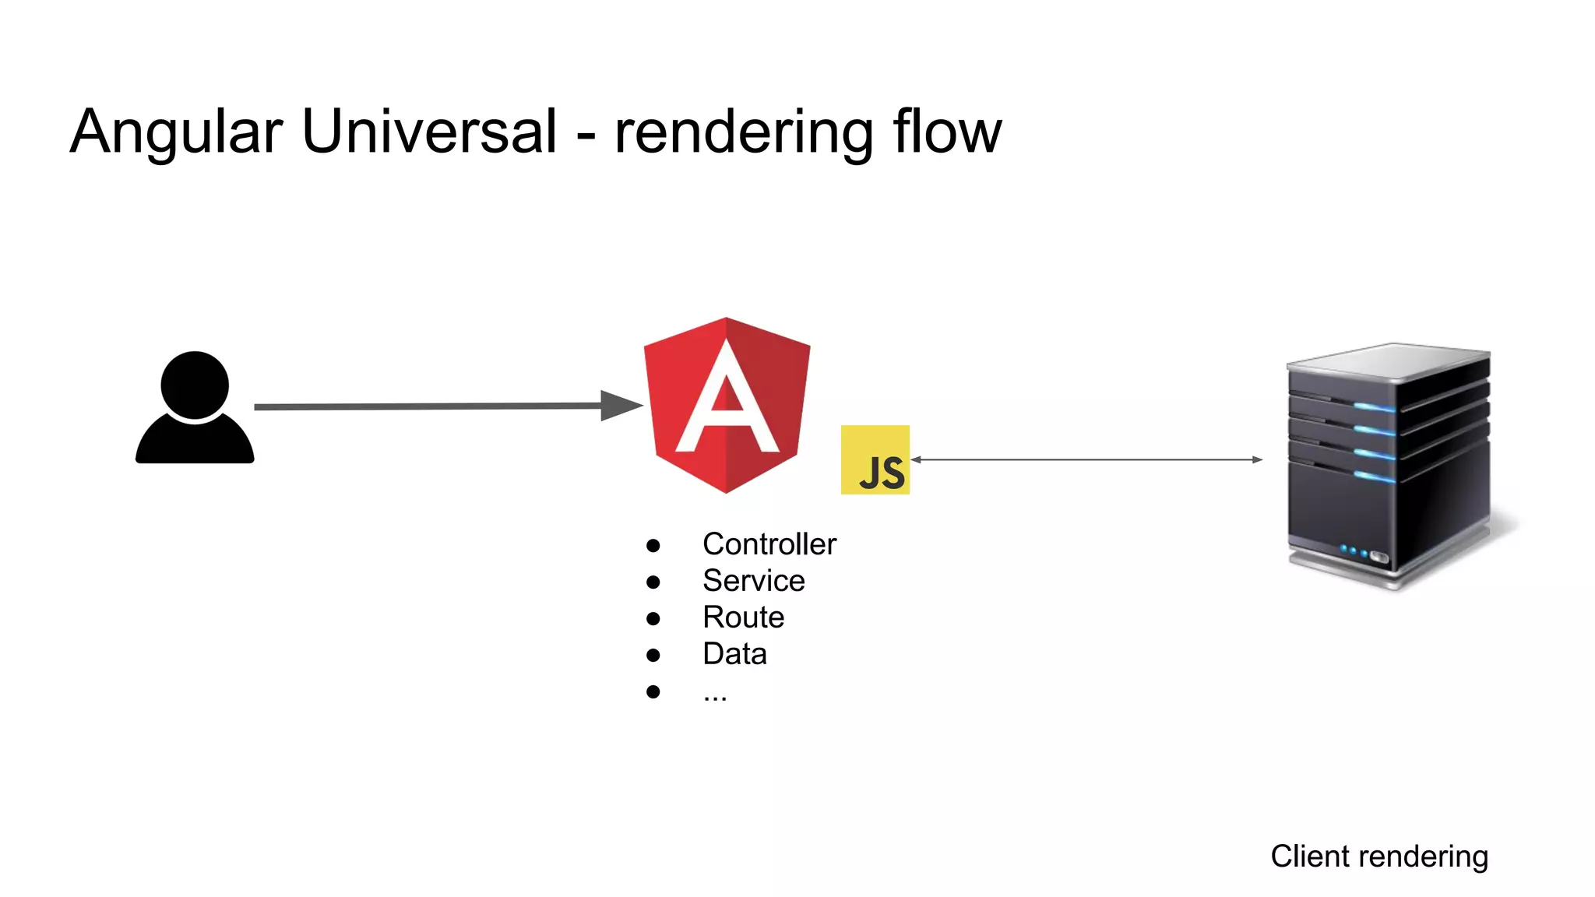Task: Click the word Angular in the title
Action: click(x=176, y=132)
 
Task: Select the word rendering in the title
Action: click(x=743, y=132)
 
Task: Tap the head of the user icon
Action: click(x=195, y=385)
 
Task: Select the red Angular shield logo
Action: click(x=727, y=405)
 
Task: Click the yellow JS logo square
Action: click(x=875, y=459)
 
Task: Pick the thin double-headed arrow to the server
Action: click(x=1086, y=459)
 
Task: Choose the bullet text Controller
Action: click(x=769, y=544)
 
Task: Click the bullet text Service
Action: click(x=753, y=581)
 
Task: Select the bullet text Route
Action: click(x=743, y=617)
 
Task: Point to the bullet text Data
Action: click(x=734, y=654)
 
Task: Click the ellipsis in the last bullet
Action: click(x=714, y=694)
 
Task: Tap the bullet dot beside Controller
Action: click(x=653, y=546)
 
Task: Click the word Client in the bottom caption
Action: click(x=1305, y=857)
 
